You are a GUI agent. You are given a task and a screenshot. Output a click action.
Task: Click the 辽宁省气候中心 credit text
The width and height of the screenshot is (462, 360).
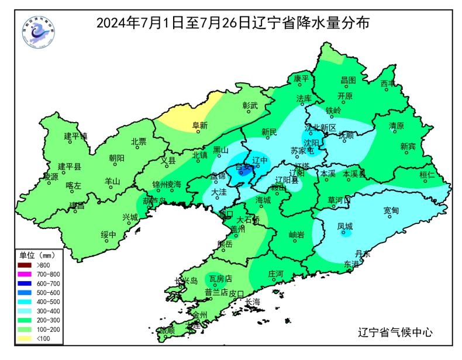pos(395,333)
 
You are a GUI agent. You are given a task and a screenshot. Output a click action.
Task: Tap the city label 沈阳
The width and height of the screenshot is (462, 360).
pos(311,143)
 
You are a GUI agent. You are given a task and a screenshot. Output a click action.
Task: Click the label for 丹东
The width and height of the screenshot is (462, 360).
pos(363,254)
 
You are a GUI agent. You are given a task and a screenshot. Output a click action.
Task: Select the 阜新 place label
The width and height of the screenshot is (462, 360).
pos(200,125)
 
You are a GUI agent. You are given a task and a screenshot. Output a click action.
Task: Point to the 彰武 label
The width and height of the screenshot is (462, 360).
pos(250,106)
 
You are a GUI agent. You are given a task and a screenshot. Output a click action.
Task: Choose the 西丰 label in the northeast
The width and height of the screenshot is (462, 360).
pos(388,84)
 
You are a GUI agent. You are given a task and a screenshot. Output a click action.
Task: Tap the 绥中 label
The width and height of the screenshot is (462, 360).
pos(109,235)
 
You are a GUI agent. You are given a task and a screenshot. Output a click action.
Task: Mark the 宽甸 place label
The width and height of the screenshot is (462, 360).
pos(391,210)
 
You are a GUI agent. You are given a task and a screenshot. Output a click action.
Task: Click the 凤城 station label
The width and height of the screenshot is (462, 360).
pos(345,226)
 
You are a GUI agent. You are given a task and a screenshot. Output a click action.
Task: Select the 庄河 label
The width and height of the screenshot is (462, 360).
pos(275,274)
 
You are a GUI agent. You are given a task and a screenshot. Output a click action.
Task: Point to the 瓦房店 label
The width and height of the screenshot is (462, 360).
pos(220,279)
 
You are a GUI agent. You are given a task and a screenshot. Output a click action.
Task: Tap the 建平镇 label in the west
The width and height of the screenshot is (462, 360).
pos(75,136)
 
